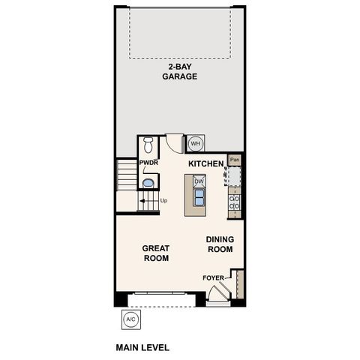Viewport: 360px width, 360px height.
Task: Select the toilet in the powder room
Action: click(x=148, y=145)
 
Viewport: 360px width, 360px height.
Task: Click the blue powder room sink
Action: click(x=148, y=182)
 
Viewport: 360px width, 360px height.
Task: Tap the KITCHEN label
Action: click(x=205, y=163)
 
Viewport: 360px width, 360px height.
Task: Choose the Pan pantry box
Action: click(x=235, y=159)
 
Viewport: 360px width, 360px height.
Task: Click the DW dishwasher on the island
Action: click(x=199, y=181)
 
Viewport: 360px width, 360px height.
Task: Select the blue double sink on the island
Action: click(x=199, y=196)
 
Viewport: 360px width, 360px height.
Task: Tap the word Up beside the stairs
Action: click(x=163, y=200)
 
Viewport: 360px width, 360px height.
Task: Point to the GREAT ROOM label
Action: click(x=156, y=253)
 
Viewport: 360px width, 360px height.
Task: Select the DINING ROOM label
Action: click(x=220, y=244)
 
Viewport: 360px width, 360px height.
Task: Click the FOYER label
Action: click(x=213, y=278)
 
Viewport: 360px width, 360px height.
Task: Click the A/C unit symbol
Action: click(x=130, y=319)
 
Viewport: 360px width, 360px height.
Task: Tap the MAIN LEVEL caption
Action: click(x=142, y=347)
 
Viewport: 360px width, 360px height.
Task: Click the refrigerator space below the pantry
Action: click(x=234, y=176)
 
